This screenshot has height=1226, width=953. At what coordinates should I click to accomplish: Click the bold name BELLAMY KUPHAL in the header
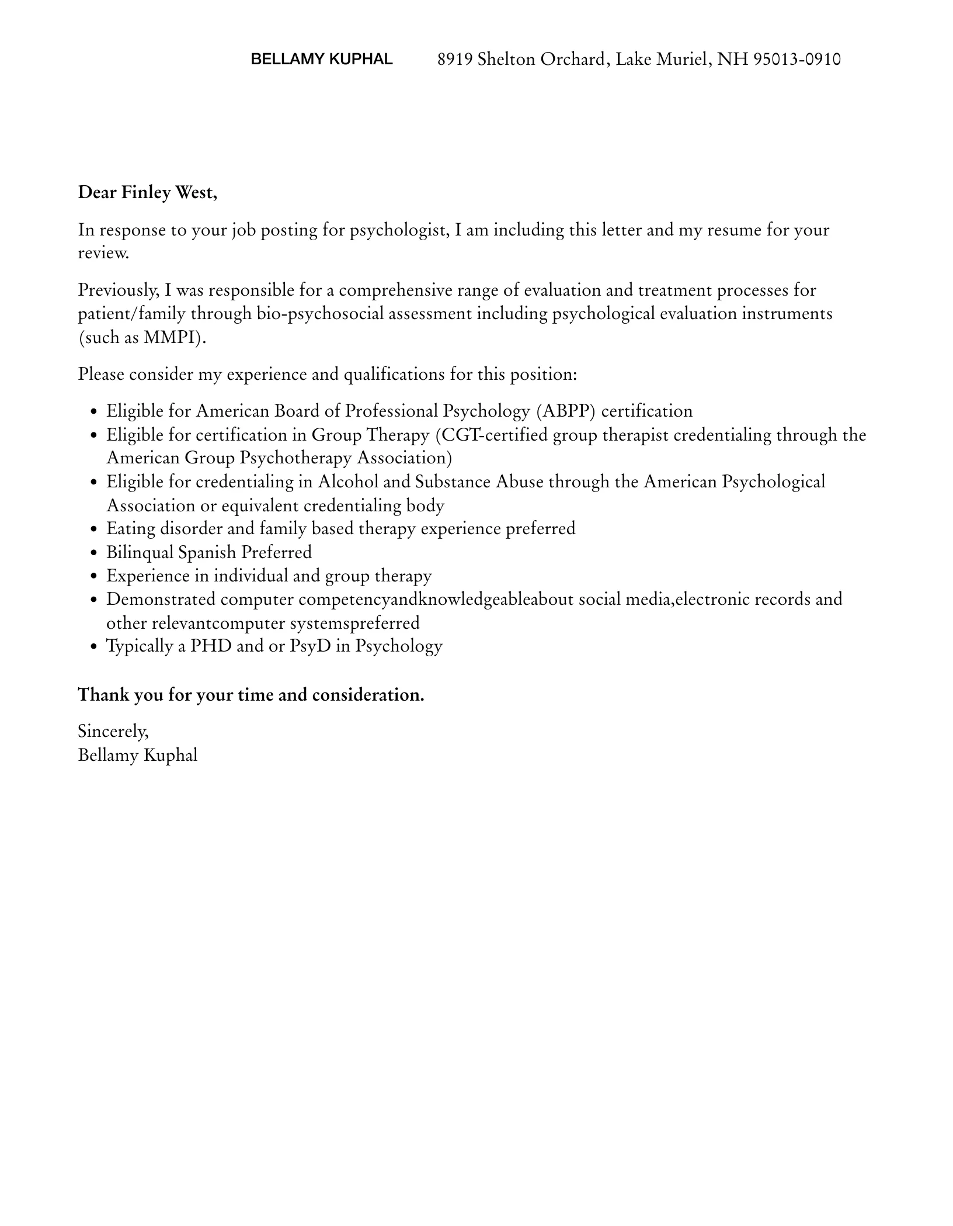point(321,59)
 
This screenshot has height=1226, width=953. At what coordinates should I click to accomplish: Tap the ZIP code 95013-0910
point(797,59)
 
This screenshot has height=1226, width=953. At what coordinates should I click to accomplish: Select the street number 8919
point(455,59)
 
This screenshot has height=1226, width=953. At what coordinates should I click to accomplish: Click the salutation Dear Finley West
point(147,192)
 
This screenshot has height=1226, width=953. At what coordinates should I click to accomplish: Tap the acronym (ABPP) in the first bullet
point(565,411)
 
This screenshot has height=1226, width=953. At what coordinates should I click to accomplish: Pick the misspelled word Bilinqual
point(140,552)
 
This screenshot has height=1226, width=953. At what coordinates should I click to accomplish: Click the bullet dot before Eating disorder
point(94,529)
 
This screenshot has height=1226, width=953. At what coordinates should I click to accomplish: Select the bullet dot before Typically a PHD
point(94,647)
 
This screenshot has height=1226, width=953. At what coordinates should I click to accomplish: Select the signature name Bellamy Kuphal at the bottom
point(138,755)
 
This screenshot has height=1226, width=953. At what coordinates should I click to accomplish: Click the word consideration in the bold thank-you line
point(368,695)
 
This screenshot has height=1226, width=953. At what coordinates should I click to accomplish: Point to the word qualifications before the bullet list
point(394,374)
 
